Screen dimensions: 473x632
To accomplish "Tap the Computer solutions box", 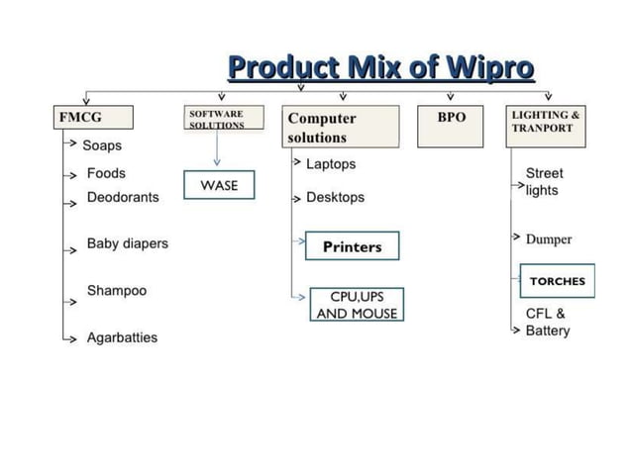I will click(x=341, y=127).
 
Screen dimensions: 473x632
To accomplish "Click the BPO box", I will click(x=451, y=119).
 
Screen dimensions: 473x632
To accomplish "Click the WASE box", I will click(x=219, y=185).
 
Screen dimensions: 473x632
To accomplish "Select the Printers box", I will click(x=352, y=246).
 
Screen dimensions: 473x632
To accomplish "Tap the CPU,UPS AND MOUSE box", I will click(x=356, y=305).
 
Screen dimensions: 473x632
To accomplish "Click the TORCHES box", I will click(x=558, y=281).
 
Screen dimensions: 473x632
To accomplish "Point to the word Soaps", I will click(x=102, y=145).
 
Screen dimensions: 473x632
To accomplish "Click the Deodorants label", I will click(x=123, y=197).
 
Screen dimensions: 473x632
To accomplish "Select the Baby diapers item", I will click(x=128, y=243).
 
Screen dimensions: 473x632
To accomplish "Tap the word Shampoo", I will click(x=116, y=291).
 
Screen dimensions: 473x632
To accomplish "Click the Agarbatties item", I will click(x=122, y=337).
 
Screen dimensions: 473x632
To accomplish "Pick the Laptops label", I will click(x=331, y=164).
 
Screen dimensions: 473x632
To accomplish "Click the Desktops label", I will click(x=335, y=197).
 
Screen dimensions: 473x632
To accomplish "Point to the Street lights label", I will click(x=544, y=181).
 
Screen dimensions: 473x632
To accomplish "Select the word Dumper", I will click(x=549, y=239).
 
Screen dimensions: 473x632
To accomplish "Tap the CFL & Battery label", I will click(x=547, y=322).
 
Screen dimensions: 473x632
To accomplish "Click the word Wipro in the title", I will click(x=488, y=69).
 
